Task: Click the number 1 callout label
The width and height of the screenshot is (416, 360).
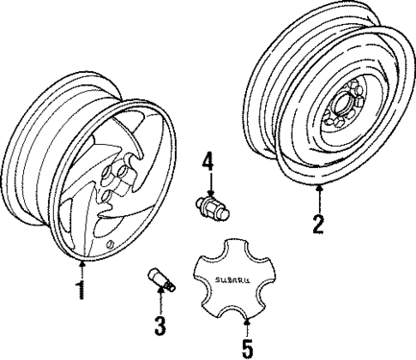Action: pos(81,291)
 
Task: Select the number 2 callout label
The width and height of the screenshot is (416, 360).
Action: pos(318,225)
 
